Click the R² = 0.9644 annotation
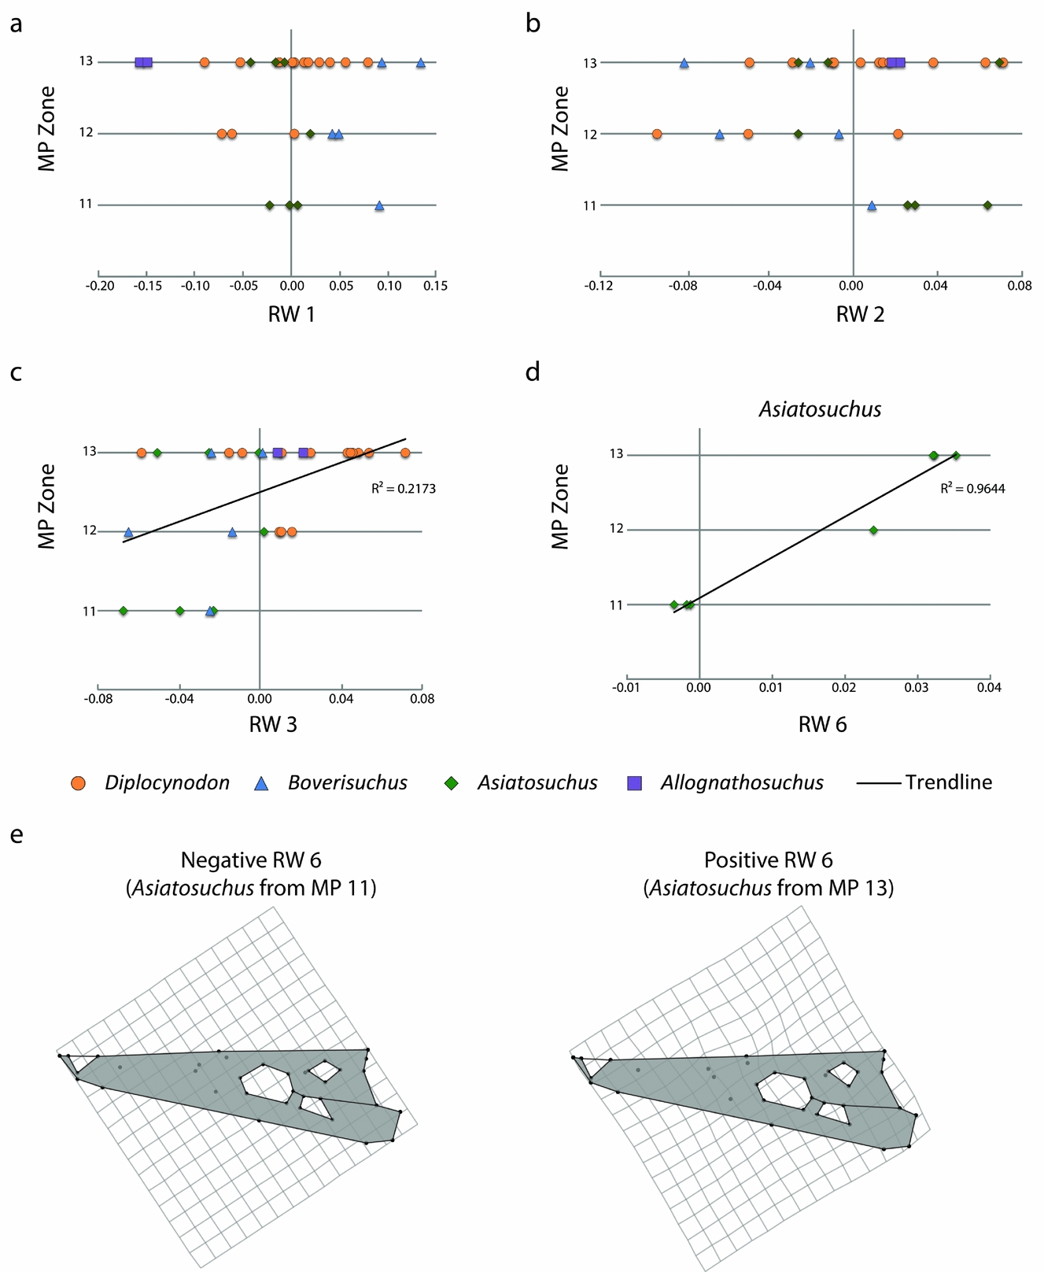pos(972,489)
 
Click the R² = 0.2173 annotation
pos(403,489)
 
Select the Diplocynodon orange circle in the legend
pos(78,783)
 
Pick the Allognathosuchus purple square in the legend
pos(635,783)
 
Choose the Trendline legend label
pos(948,782)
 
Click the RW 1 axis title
pos(291,315)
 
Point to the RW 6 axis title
pos(822,725)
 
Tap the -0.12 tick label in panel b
pos(599,286)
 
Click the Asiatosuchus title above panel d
pos(820,409)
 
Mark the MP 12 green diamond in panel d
pos(873,530)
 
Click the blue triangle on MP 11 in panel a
pos(379,205)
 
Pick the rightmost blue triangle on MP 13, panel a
pos(421,62)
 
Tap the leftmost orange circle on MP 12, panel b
pos(657,134)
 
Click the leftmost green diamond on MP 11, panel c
pos(123,611)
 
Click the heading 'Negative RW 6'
pos(251,859)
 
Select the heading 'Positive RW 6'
pos(769,859)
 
